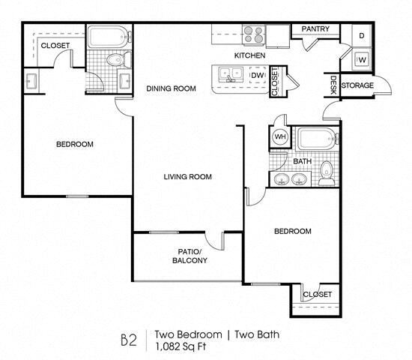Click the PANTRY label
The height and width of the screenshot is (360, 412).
point(315,28)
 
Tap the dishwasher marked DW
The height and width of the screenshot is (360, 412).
point(258,75)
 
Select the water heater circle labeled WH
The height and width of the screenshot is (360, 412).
point(280,136)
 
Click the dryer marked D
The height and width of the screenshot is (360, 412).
point(362,36)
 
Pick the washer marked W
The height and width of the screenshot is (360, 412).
point(362,60)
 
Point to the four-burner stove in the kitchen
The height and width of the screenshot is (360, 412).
point(253,34)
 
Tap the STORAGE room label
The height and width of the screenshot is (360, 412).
point(357,85)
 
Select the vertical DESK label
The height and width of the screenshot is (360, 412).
point(333,85)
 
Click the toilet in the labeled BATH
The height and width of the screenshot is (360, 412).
point(327,173)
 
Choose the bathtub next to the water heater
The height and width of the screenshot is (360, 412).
point(318,139)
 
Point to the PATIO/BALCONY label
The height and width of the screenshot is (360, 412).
point(190,256)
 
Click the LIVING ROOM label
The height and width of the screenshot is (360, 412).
point(187,176)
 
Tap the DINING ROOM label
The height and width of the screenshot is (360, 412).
point(171,88)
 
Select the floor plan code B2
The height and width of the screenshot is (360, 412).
point(129,340)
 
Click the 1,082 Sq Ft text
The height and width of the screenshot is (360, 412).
point(181,346)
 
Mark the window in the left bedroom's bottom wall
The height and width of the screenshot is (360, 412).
point(77,196)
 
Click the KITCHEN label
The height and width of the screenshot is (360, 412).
point(249,55)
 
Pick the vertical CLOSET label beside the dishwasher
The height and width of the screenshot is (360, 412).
point(275,82)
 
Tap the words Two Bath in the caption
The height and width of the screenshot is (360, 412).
point(257,334)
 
